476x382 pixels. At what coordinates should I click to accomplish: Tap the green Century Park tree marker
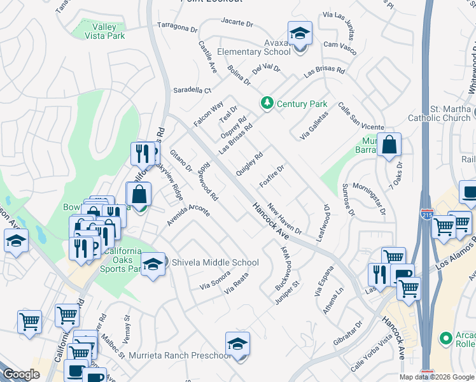(267, 103)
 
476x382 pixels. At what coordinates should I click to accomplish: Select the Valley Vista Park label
(104, 31)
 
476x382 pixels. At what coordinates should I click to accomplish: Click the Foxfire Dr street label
(272, 176)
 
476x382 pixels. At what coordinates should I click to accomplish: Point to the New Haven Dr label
(284, 218)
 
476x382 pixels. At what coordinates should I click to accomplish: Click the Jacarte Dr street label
(237, 22)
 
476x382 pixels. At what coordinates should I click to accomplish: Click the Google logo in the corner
(21, 374)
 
